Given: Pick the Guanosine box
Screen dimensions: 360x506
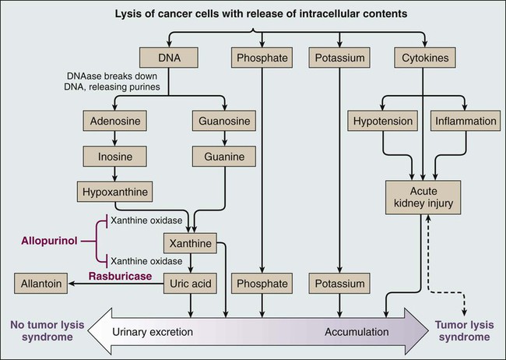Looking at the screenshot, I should point(225,122).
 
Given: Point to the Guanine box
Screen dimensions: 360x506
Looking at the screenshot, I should point(225,157).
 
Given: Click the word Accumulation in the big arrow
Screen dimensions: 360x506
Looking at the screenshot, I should point(357,332).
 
